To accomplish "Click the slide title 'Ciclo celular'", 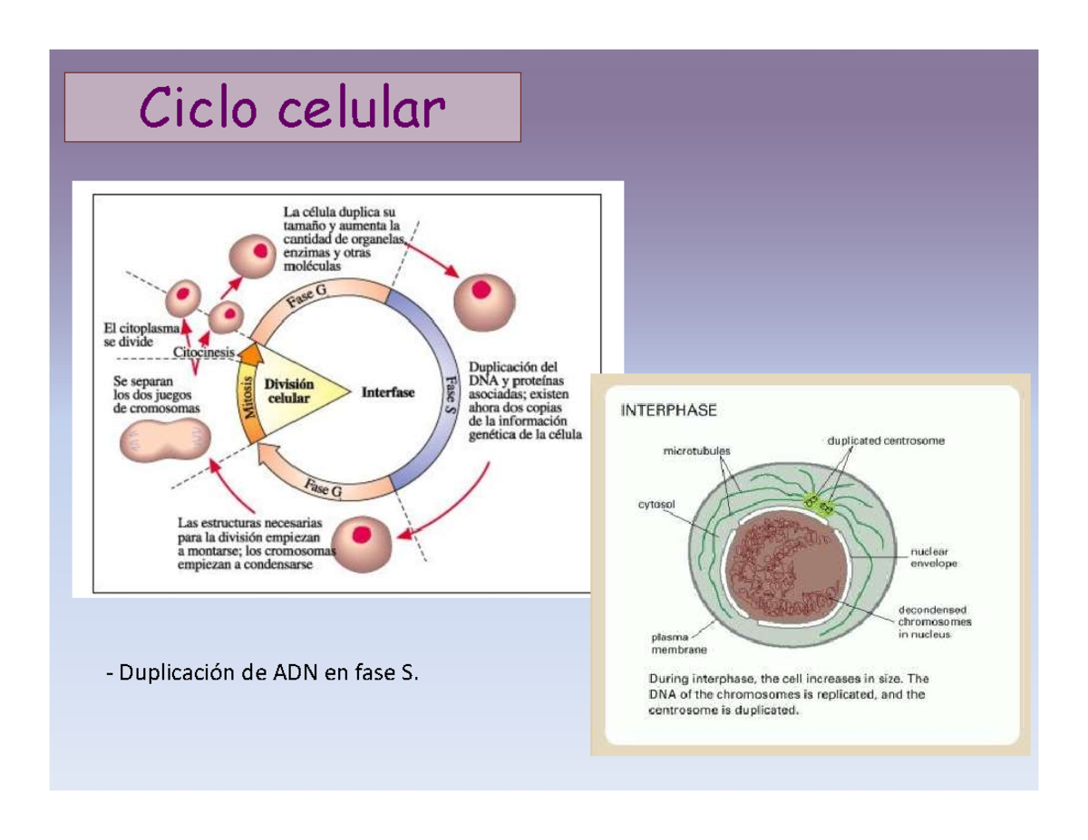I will click(292, 108).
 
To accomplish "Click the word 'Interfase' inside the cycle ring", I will click(388, 392).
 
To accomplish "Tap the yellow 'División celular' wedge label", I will click(287, 391).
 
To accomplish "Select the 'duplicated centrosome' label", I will click(886, 441).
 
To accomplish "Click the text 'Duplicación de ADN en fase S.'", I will click(264, 672).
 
